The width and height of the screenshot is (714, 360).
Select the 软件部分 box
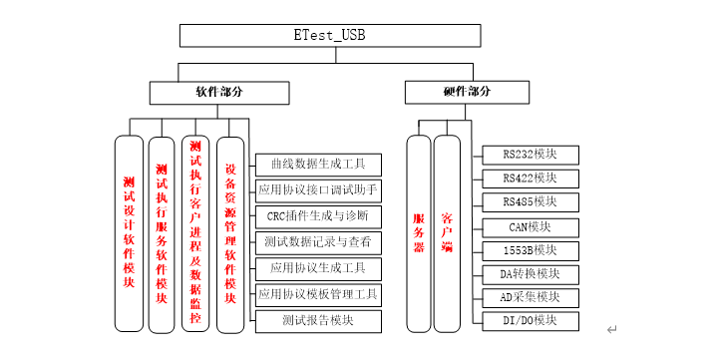(218, 92)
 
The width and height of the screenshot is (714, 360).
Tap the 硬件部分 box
(467, 92)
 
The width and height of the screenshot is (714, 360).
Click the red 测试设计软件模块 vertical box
(130, 232)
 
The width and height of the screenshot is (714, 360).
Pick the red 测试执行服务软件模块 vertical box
(163, 232)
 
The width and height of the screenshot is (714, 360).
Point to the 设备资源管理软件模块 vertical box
(230, 232)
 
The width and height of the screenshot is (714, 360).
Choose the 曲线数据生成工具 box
(318, 162)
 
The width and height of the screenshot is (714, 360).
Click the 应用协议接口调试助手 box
(318, 188)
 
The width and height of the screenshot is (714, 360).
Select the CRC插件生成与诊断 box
(318, 215)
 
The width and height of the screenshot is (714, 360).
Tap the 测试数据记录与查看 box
(318, 241)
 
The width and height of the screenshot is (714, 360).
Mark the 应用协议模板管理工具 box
(318, 294)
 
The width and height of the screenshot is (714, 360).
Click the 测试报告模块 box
(318, 321)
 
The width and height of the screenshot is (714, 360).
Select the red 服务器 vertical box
(419, 232)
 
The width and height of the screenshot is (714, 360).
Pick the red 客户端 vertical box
(448, 232)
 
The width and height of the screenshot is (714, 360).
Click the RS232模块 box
(529, 155)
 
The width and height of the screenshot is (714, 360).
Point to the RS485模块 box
(529, 202)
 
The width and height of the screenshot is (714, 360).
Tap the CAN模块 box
(529, 226)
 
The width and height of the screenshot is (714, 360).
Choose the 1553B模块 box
(529, 250)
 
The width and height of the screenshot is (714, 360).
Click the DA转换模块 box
(529, 273)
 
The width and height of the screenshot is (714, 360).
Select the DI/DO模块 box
(529, 321)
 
